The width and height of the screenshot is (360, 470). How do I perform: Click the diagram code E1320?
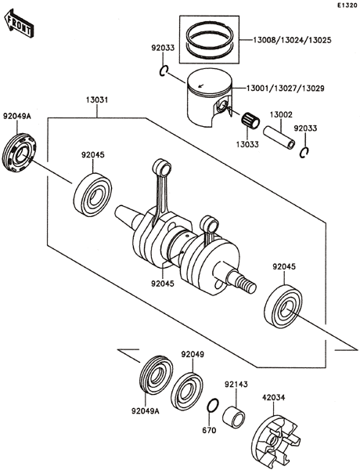point(347,5)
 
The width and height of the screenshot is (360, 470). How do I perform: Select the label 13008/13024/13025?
point(292,40)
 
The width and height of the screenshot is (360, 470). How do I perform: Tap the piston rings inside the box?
point(210,40)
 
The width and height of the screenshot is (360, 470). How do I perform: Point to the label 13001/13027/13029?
point(285,89)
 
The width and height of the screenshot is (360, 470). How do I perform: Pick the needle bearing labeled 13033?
point(250,120)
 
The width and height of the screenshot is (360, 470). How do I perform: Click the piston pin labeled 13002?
point(279,138)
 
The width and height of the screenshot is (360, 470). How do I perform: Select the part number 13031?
point(97,100)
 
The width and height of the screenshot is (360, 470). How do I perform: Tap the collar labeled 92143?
point(234,416)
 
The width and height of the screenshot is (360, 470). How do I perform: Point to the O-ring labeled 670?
point(212,406)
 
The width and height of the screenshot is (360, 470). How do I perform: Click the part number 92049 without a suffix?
point(193,354)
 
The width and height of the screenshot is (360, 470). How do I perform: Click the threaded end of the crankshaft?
point(247,284)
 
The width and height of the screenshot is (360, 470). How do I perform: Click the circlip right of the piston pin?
point(304,153)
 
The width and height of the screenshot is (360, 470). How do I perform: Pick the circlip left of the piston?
point(164,71)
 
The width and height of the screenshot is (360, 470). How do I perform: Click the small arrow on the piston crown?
point(201,86)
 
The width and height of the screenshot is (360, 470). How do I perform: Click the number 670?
point(209,430)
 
